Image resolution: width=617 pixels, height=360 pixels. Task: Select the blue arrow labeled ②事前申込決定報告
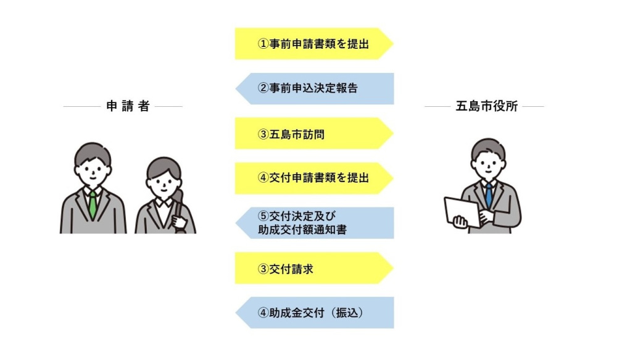coord(315,88)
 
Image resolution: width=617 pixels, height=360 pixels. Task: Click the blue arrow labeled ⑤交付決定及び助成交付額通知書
coord(315,223)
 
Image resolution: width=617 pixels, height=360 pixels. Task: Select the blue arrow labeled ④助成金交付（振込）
coord(315,312)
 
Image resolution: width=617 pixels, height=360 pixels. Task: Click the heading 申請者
coord(128,106)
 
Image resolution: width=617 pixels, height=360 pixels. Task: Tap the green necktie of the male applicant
coord(93,204)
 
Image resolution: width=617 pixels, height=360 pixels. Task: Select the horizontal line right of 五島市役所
coord(533,106)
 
